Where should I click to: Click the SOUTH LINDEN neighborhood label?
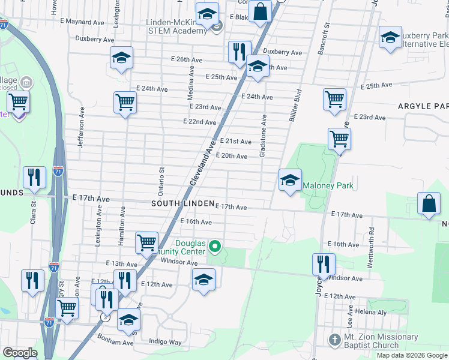tap(182, 204)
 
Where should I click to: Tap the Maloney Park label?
tap(328, 186)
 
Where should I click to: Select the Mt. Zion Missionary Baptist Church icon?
tap(335, 340)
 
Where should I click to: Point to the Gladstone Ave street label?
tap(262, 137)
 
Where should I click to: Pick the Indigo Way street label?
tap(166, 342)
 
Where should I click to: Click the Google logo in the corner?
tap(20, 353)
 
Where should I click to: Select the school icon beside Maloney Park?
tap(290, 181)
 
